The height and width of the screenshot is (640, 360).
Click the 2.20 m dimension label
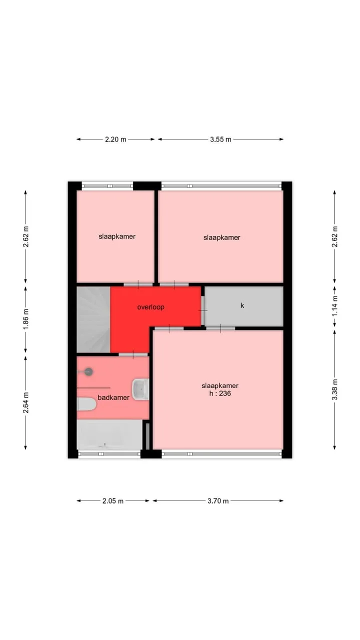click(x=115, y=139)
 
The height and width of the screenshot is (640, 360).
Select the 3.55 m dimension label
click(x=220, y=139)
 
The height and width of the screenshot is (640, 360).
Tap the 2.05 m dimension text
click(x=113, y=501)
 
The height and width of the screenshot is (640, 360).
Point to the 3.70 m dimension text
click(x=218, y=501)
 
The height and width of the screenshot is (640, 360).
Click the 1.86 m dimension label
click(x=25, y=319)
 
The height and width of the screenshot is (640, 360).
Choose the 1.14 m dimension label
click(x=334, y=305)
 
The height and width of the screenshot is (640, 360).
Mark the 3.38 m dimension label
click(x=334, y=389)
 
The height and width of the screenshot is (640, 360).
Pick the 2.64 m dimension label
click(x=25, y=402)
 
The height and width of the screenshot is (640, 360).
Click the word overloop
click(x=150, y=307)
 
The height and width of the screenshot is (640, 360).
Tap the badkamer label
click(x=113, y=397)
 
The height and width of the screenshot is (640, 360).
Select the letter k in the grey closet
click(x=242, y=305)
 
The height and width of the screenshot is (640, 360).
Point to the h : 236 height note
click(x=220, y=393)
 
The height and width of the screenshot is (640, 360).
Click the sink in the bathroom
click(x=140, y=389)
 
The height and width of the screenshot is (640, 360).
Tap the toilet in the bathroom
click(x=86, y=404)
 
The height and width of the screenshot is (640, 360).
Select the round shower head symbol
click(x=89, y=371)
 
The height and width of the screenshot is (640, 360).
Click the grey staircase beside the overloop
click(x=93, y=319)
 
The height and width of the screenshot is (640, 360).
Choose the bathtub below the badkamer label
click(x=109, y=434)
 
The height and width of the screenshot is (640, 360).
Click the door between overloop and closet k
click(x=203, y=310)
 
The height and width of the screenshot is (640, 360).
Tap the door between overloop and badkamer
click(x=133, y=354)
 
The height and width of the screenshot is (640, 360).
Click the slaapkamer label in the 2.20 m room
click(x=117, y=236)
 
